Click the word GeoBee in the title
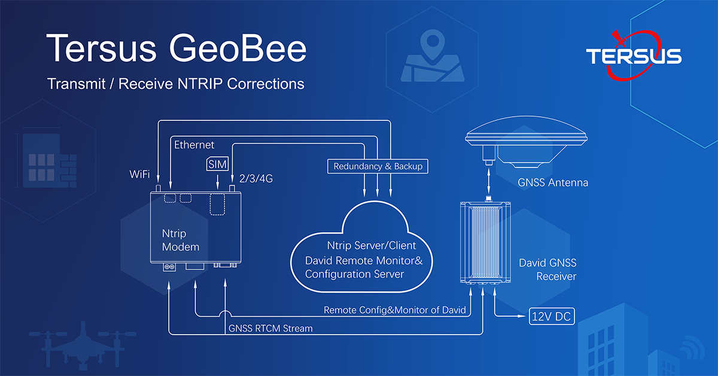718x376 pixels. click(x=238, y=48)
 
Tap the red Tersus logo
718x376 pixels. click(x=634, y=55)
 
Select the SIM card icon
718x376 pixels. click(x=218, y=164)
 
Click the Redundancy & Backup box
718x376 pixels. click(x=378, y=166)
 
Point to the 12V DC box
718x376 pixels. click(x=551, y=316)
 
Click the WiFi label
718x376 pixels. click(x=139, y=174)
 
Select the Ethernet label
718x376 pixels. click(x=194, y=145)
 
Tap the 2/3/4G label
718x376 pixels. click(x=256, y=178)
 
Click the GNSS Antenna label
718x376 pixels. click(x=553, y=183)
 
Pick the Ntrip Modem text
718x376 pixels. click(x=181, y=240)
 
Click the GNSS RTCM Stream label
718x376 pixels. click(x=270, y=328)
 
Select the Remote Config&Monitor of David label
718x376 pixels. click(x=394, y=310)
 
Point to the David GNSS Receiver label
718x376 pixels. click(x=547, y=269)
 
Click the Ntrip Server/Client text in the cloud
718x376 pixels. click(x=371, y=245)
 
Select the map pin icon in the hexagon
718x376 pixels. click(x=433, y=44)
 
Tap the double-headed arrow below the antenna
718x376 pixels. click(x=488, y=181)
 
